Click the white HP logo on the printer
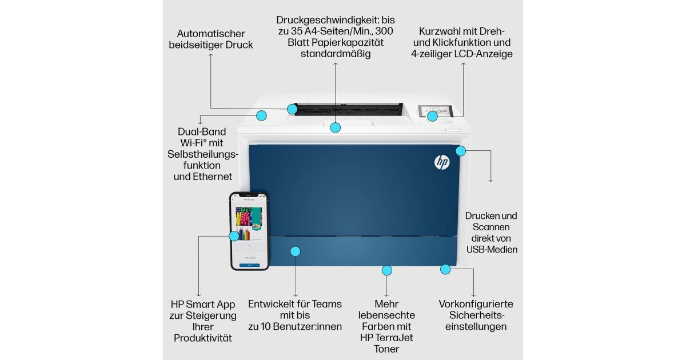[442, 162]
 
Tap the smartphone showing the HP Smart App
[250, 231]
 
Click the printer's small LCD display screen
[435, 111]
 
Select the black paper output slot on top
[349, 109]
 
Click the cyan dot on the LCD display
[432, 116]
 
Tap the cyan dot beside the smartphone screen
[234, 235]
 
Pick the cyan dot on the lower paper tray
[295, 251]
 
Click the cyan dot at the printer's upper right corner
[461, 151]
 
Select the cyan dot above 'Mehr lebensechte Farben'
[387, 270]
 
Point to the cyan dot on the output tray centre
[336, 127]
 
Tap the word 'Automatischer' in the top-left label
[211, 33]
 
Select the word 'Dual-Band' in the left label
[202, 131]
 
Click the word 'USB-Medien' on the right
[492, 250]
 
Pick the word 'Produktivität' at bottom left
[203, 338]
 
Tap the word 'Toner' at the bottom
[386, 349]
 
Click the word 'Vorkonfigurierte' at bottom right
[476, 304]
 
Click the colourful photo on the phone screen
[249, 217]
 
